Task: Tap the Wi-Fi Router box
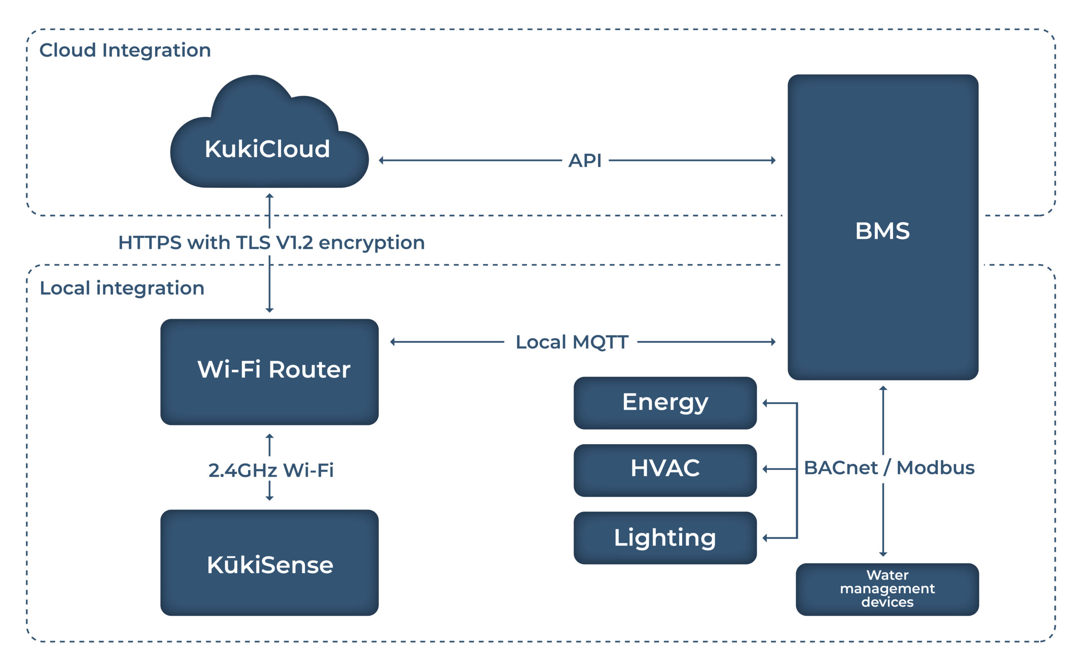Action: tap(269, 372)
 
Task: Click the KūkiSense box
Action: tap(269, 563)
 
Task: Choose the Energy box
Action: tap(665, 403)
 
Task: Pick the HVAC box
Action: tap(665, 470)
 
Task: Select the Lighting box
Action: tap(665, 538)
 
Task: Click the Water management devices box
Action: tap(887, 589)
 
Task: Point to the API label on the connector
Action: tap(585, 161)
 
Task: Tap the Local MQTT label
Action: tap(571, 342)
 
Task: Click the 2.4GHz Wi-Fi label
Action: tap(271, 470)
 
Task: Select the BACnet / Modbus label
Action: tap(889, 468)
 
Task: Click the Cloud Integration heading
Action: tap(125, 50)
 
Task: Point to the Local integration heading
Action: tap(122, 288)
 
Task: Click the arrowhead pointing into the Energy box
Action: tap(765, 403)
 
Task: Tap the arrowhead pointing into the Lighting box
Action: tap(765, 538)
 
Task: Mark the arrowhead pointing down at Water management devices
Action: tap(883, 554)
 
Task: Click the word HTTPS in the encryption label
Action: tap(150, 243)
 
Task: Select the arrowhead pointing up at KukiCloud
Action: tap(269, 196)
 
